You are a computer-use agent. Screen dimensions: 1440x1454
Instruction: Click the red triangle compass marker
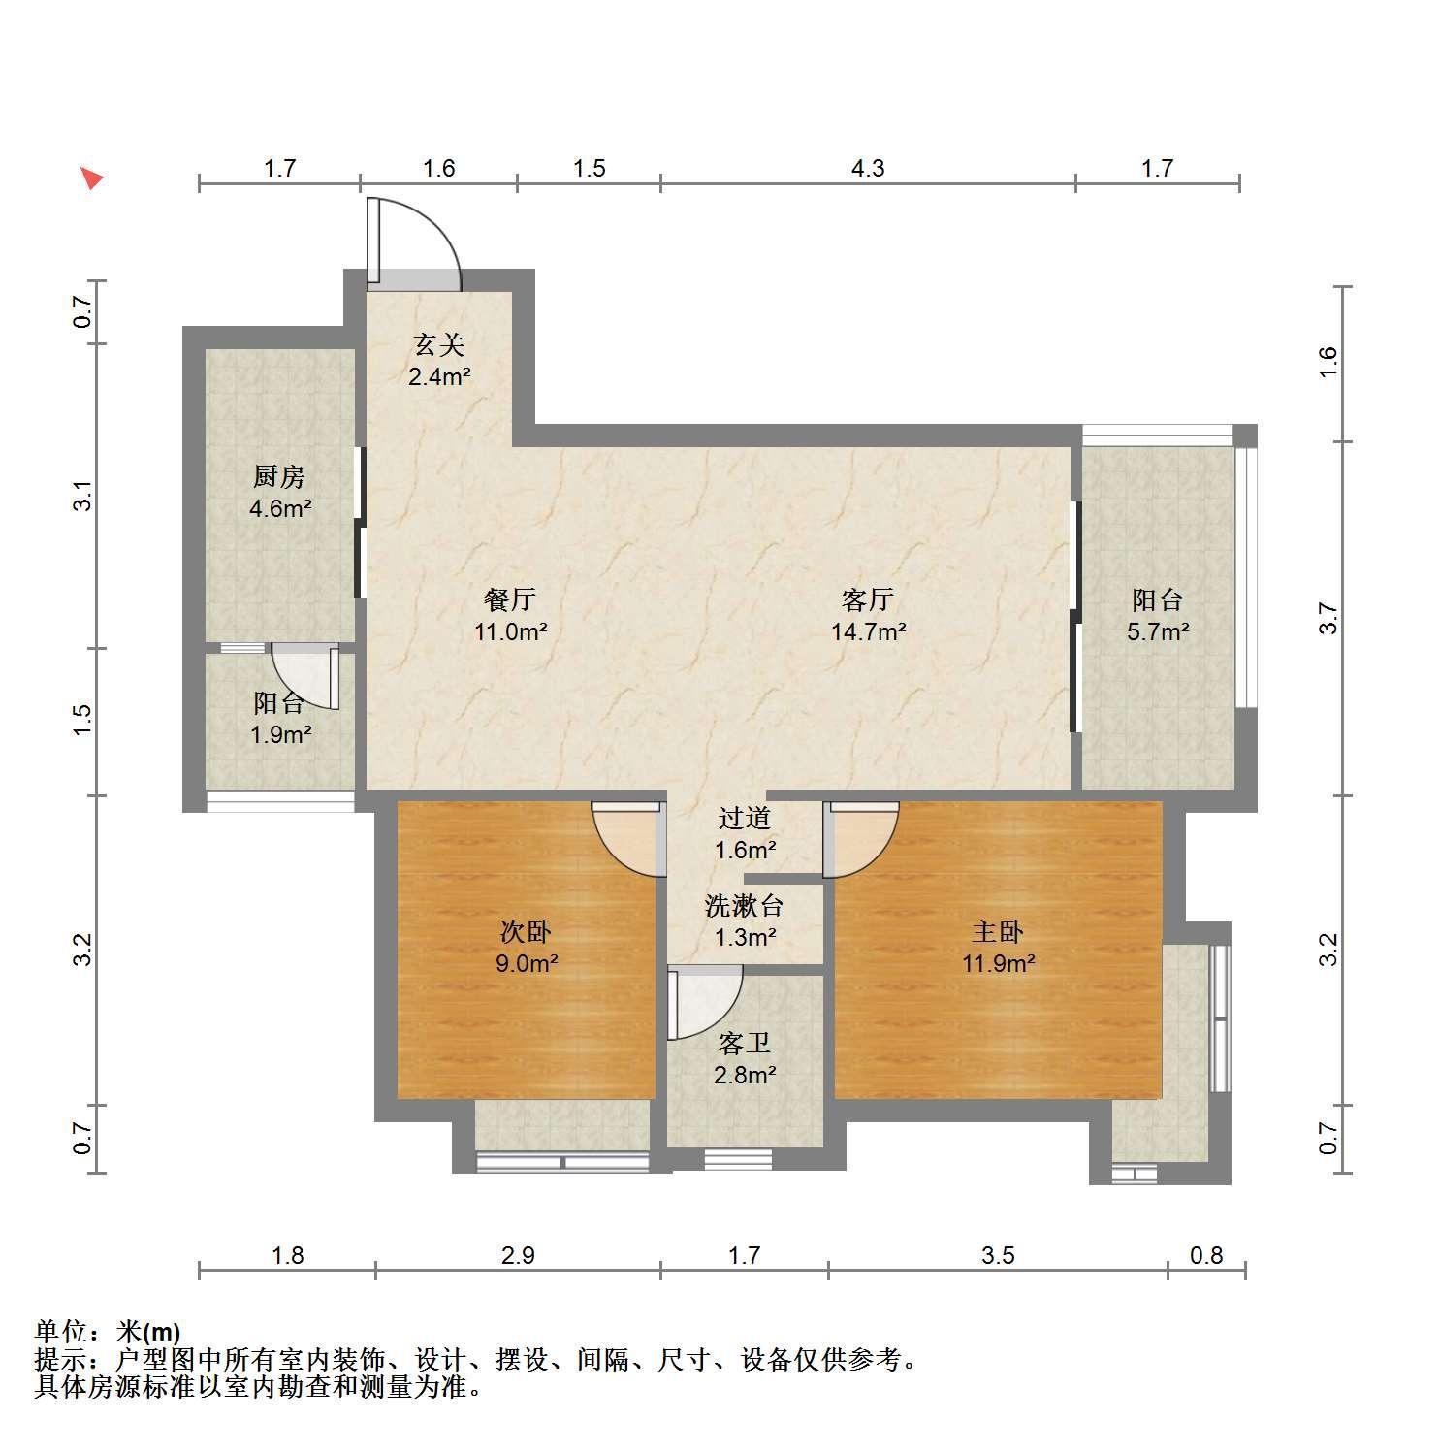(x=91, y=178)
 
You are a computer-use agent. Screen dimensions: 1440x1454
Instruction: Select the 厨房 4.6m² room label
(x=279, y=492)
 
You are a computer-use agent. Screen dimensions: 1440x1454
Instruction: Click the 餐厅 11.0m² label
(x=510, y=616)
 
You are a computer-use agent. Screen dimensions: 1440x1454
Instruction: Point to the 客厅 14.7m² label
(x=868, y=616)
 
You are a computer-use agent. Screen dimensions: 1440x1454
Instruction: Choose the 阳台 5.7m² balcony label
(x=1157, y=616)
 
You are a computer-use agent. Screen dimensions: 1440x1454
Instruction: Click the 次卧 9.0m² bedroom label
(x=525, y=948)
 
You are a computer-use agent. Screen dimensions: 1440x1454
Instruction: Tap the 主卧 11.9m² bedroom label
(x=998, y=948)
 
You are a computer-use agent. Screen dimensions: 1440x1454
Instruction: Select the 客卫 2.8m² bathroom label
(x=745, y=1059)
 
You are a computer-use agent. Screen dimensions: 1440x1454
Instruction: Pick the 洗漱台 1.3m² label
(x=744, y=921)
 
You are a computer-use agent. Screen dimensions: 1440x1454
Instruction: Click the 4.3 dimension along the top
(x=868, y=169)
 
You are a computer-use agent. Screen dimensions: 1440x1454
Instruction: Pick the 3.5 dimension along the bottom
(x=998, y=1256)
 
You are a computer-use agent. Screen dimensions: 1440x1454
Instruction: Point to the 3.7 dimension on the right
(x=1328, y=619)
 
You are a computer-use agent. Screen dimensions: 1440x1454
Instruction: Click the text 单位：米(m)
(x=108, y=1332)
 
